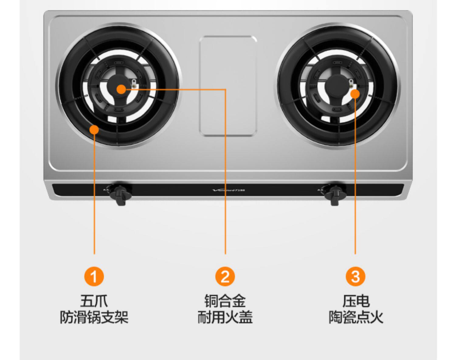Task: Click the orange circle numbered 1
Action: point(94,277)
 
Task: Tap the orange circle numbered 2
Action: point(225,277)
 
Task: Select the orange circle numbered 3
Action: point(355,277)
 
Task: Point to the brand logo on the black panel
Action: point(228,190)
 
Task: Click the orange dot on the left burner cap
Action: point(121,89)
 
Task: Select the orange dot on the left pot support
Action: point(95,129)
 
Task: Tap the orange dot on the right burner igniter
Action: point(355,94)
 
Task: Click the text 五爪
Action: point(94,301)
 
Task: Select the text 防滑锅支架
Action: point(94,317)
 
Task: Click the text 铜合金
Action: point(225,301)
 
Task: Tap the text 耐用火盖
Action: point(225,317)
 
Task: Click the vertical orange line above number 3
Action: point(355,183)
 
